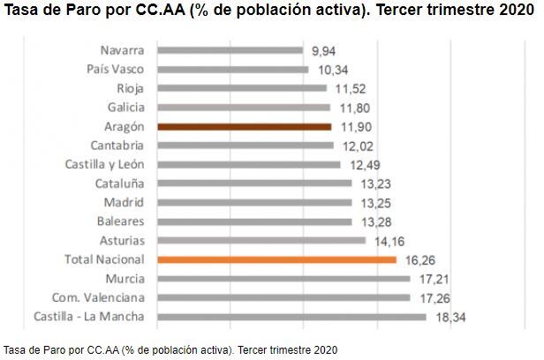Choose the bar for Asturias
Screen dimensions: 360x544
261,240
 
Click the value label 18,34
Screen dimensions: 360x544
450,317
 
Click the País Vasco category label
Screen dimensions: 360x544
116,69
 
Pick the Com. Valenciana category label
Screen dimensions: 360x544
99,297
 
